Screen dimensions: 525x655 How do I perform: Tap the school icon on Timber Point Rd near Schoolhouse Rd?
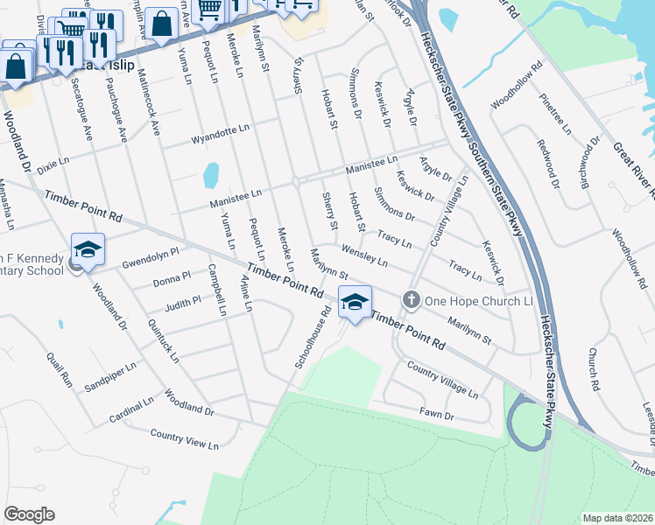click(x=355, y=302)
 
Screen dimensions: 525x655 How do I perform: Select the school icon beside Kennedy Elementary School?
click(x=88, y=249)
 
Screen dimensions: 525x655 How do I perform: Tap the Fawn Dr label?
click(x=438, y=415)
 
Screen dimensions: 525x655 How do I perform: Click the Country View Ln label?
click(x=184, y=439)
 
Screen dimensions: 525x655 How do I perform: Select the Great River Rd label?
click(x=633, y=167)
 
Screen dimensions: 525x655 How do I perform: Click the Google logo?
click(x=29, y=514)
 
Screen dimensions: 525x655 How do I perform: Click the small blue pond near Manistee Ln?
click(x=210, y=175)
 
